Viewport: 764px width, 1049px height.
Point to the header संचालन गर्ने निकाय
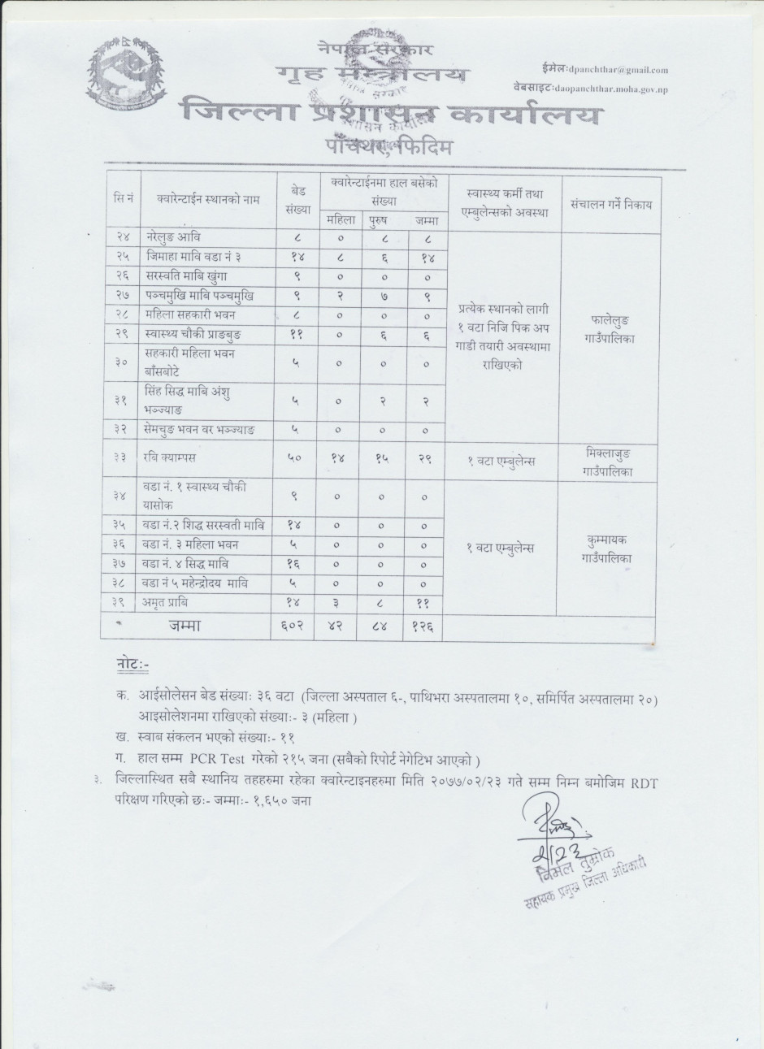[610, 205]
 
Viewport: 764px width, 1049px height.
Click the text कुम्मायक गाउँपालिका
[610, 548]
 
